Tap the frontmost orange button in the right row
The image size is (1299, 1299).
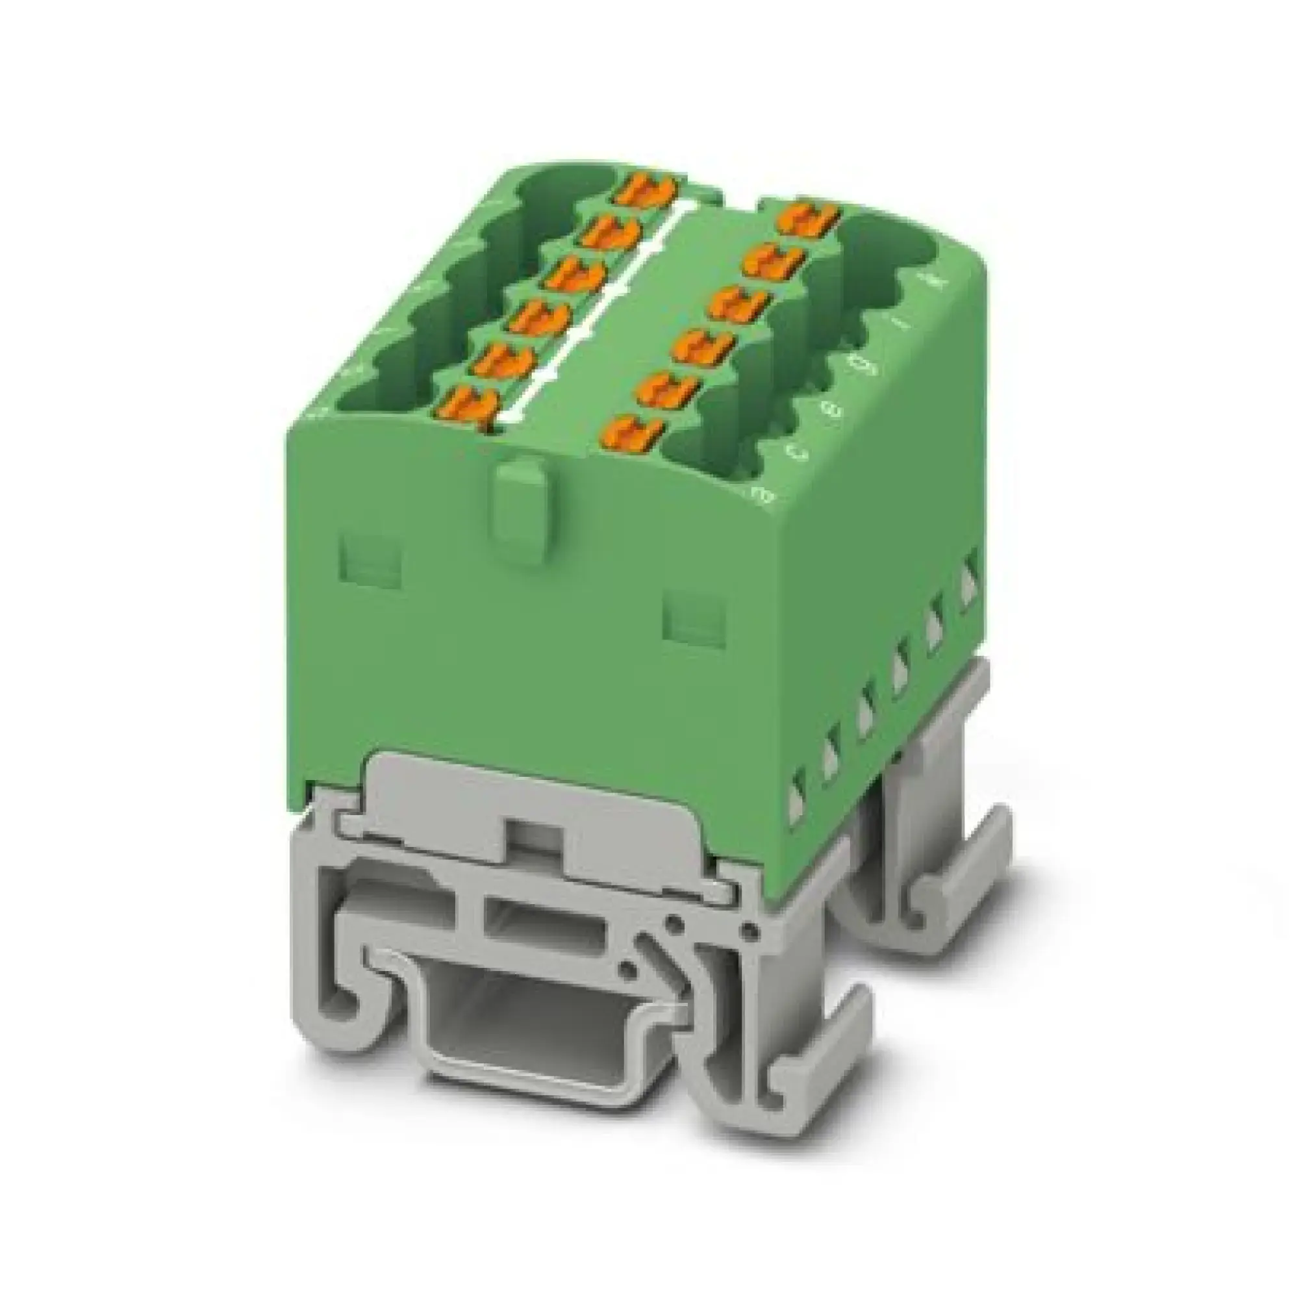point(632,431)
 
